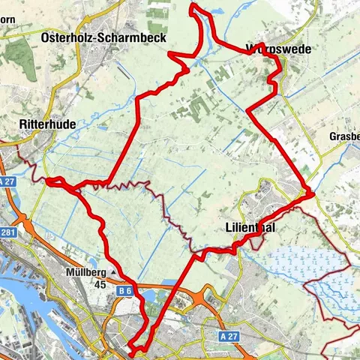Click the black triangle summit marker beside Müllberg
113,272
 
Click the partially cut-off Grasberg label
343,136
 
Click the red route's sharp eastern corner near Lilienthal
311,193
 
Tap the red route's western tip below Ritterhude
47,180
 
